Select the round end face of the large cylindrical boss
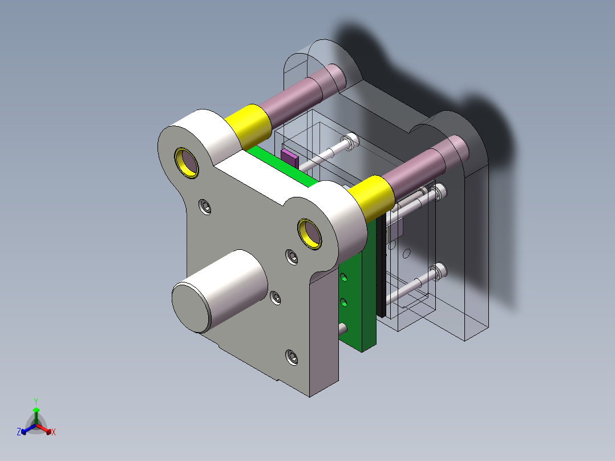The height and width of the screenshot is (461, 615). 192,308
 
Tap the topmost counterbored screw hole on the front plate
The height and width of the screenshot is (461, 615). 205,207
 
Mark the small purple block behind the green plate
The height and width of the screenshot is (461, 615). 289,157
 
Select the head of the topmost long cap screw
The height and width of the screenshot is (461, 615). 350,140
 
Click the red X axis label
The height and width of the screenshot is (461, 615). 54,432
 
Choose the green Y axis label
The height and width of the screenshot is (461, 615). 35,401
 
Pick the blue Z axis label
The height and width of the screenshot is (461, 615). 19,432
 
